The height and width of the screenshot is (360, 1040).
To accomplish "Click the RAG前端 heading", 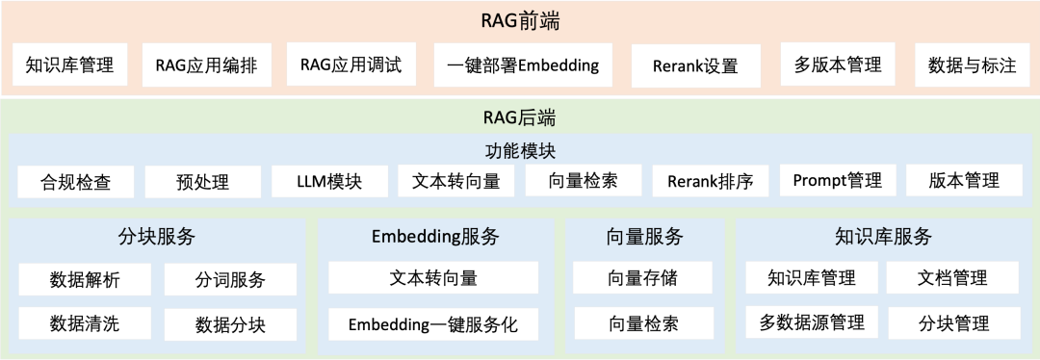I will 520,20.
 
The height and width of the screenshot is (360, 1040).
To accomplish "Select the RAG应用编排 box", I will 213,65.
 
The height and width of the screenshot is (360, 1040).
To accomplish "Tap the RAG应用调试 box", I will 351,65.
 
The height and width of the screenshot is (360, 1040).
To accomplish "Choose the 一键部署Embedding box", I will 523,65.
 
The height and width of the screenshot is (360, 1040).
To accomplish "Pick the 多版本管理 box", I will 838,65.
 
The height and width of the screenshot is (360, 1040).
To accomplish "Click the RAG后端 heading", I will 519,119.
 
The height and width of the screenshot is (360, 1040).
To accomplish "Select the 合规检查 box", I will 75,181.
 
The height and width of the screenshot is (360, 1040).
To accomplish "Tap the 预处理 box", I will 202,181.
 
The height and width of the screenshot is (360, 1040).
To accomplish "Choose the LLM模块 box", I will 329,181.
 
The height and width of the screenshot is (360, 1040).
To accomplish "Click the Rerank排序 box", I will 710,181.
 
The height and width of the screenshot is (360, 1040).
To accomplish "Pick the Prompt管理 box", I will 837,181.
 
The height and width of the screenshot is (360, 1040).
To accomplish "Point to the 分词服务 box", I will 230,280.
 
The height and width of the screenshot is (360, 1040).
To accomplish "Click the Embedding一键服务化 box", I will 432,324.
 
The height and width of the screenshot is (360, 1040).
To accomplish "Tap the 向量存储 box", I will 643,279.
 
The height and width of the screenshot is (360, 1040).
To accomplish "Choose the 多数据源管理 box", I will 811,322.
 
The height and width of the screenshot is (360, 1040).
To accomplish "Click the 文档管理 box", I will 950,279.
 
